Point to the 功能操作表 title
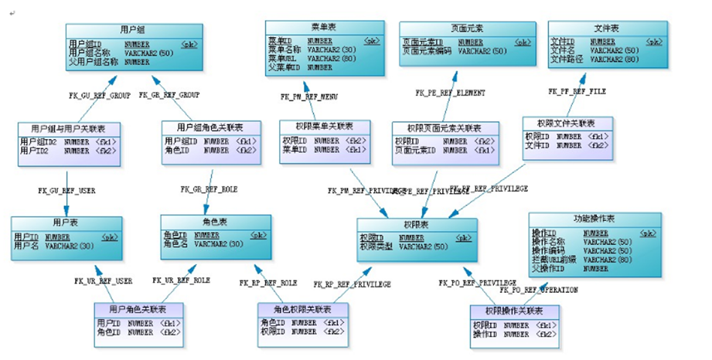tap(594, 219)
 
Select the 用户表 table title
tap(65, 222)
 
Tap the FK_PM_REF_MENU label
tap(309, 97)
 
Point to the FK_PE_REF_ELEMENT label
tap(451, 93)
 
